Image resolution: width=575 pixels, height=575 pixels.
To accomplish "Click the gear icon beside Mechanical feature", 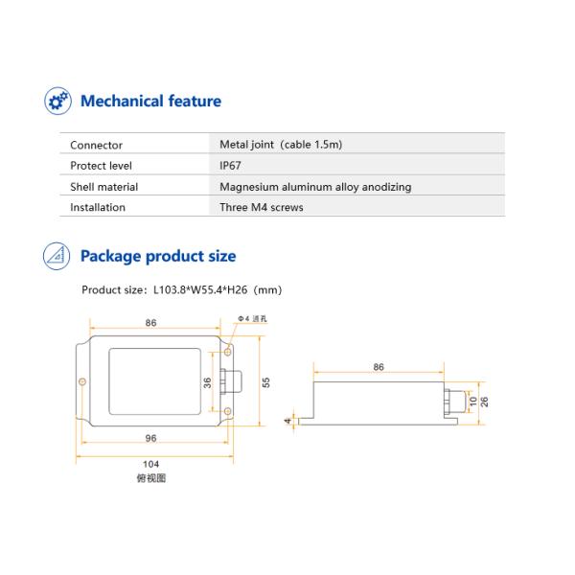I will (x=57, y=101).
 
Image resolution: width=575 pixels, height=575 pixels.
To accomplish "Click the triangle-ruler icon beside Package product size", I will (x=57, y=256).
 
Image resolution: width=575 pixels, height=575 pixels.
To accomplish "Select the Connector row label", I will (x=96, y=146).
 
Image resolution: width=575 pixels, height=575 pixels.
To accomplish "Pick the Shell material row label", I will (x=103, y=187).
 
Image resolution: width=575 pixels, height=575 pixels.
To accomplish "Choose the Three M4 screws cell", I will (x=261, y=207).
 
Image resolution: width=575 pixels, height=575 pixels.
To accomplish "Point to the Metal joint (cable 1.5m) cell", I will (x=281, y=146).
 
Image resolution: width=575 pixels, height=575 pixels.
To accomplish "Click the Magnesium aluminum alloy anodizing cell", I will (x=315, y=187).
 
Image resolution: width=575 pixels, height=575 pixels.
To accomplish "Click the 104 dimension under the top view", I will (x=151, y=464).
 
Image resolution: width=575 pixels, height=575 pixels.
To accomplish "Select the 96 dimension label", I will (x=151, y=438).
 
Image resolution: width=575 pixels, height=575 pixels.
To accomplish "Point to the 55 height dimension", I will (x=266, y=381).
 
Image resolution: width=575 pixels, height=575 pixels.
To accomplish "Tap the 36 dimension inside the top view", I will (x=208, y=381).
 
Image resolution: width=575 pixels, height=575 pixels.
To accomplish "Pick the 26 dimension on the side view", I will (x=485, y=402).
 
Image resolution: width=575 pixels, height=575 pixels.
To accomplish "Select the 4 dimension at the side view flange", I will (x=287, y=420).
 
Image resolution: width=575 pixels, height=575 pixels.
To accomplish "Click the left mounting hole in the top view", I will (x=83, y=382).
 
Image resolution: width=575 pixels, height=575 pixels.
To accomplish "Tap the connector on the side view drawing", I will (x=449, y=402).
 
